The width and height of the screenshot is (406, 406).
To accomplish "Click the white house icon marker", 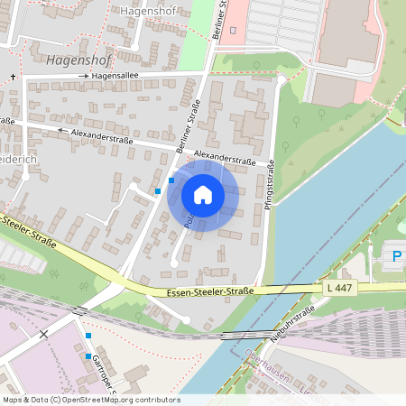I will [x=203, y=195].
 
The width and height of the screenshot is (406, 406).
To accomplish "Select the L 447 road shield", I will [x=337, y=286].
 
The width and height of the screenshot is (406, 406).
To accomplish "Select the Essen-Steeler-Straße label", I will [x=210, y=291].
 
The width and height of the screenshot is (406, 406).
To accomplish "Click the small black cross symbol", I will [x=14, y=78].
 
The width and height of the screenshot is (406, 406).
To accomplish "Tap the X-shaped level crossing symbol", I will [x=43, y=334].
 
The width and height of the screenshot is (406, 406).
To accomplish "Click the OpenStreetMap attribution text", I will [x=91, y=400].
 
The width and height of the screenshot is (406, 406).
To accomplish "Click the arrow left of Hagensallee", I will [x=86, y=77].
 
